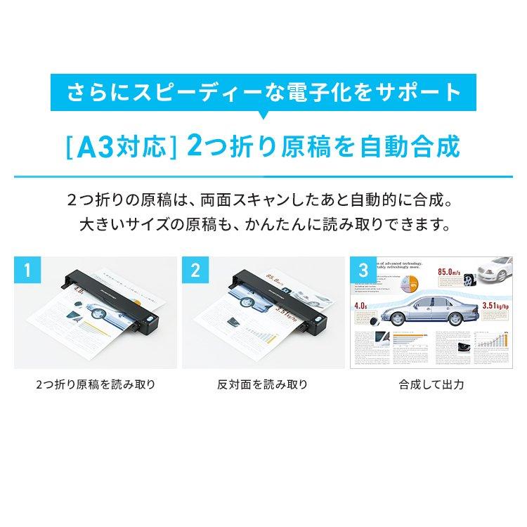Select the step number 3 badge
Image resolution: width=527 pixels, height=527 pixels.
[x=363, y=270]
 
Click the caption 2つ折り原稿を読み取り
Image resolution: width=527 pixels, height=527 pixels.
[x=95, y=385]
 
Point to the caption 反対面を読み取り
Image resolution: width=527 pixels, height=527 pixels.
[x=262, y=385]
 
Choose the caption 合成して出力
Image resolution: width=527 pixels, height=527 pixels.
[x=431, y=385]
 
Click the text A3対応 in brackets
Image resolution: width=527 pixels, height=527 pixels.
[x=119, y=148]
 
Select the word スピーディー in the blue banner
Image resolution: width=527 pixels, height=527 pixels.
[x=180, y=93]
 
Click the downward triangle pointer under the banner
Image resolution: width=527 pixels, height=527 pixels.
[x=263, y=115]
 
